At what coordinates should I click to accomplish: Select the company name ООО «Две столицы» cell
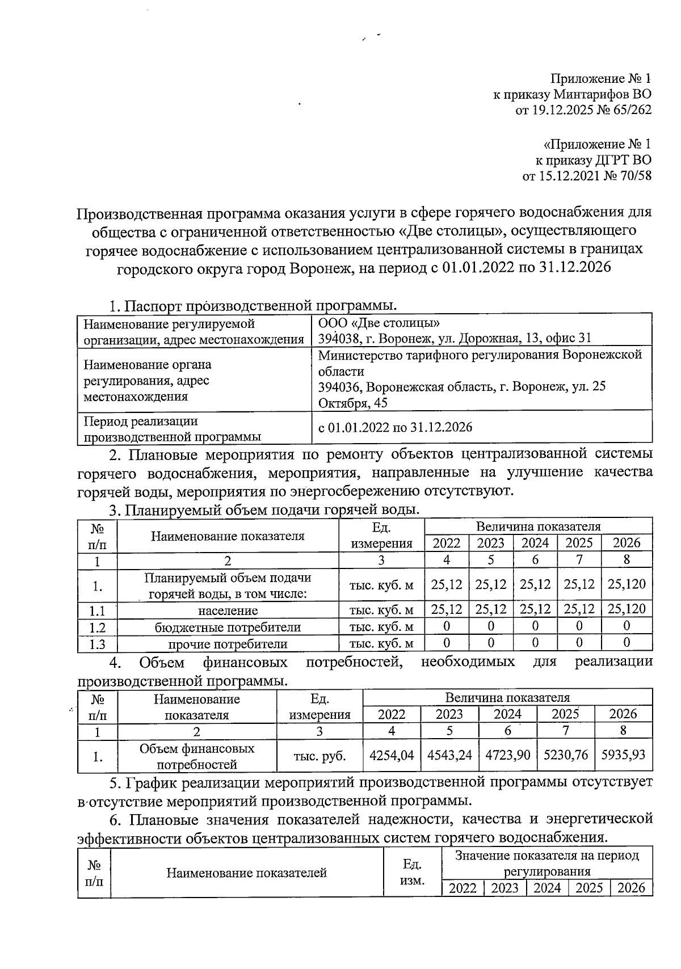click(x=379, y=323)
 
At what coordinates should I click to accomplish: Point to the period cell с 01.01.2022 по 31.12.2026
click(x=395, y=427)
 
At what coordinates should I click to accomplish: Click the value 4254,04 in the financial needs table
click(x=392, y=755)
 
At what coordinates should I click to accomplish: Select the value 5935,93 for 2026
click(x=623, y=755)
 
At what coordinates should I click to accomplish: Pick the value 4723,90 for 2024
click(x=508, y=755)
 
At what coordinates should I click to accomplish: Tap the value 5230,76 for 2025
click(x=566, y=755)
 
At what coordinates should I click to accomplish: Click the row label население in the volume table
click(x=228, y=611)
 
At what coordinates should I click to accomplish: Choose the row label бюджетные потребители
click(x=228, y=627)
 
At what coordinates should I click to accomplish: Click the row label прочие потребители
click(x=228, y=644)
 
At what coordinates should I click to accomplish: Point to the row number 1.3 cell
click(x=98, y=644)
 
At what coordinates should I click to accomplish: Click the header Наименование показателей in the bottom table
click(x=246, y=873)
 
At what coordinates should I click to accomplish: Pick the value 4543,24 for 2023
click(x=449, y=755)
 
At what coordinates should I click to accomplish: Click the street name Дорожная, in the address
click(x=486, y=339)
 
